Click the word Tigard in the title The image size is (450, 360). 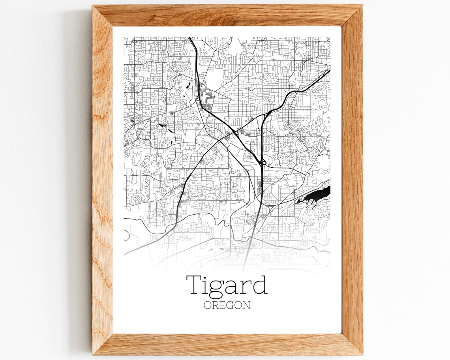pyautogui.click(x=227, y=285)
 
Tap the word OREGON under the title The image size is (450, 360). pyautogui.click(x=227, y=305)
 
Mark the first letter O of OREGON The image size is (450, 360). pyautogui.click(x=207, y=305)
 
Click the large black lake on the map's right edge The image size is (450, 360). pyautogui.click(x=316, y=196)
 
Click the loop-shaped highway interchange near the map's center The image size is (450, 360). pyautogui.click(x=262, y=161)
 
